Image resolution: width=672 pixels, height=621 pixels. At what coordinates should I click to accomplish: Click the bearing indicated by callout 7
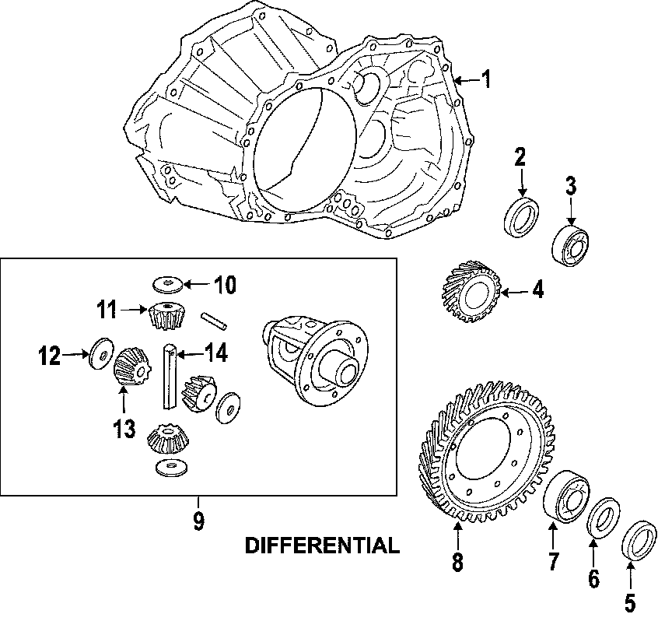pyautogui.click(x=565, y=494)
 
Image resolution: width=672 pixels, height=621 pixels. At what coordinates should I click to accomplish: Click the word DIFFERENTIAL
pyautogui.click(x=322, y=545)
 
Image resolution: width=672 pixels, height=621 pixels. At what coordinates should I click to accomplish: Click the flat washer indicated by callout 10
pyautogui.click(x=167, y=282)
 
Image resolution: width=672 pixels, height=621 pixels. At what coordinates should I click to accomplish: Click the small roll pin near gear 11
pyautogui.click(x=213, y=320)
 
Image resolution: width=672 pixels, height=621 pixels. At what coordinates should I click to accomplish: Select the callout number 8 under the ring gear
pyautogui.click(x=457, y=563)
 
